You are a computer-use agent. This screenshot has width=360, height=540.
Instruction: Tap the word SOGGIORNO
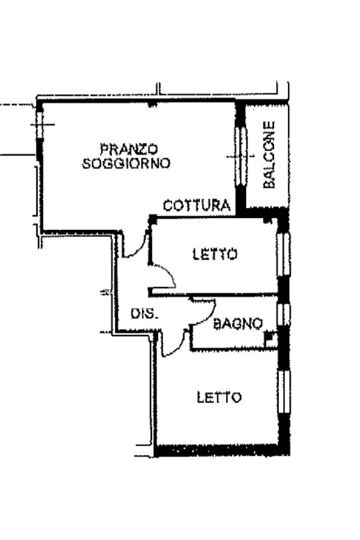coord(127,163)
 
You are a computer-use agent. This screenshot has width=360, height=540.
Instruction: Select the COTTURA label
coord(197,206)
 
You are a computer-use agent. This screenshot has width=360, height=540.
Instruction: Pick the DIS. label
coord(144,314)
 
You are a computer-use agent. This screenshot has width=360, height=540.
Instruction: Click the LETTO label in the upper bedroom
coord(215,254)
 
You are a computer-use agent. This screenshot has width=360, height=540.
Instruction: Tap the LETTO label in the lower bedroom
coord(219,397)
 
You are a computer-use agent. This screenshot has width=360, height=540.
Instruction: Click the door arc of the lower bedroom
coord(174,345)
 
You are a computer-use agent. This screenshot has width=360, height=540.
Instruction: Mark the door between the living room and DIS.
coord(136,245)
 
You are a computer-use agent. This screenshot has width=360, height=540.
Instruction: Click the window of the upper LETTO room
coord(284,254)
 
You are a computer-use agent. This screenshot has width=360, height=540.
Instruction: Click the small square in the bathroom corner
coord(270,337)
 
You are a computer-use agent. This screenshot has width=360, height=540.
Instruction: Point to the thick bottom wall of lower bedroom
coord(221,451)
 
